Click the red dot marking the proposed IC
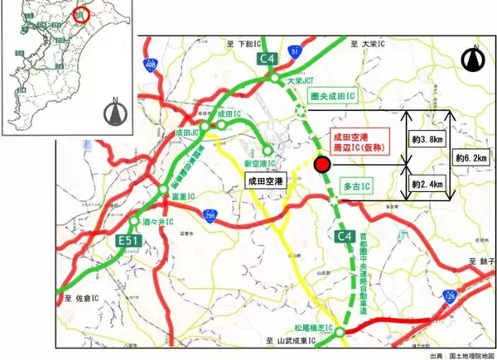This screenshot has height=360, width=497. (322, 165)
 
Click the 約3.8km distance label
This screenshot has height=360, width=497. (422, 140)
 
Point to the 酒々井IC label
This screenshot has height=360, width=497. (157, 223)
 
